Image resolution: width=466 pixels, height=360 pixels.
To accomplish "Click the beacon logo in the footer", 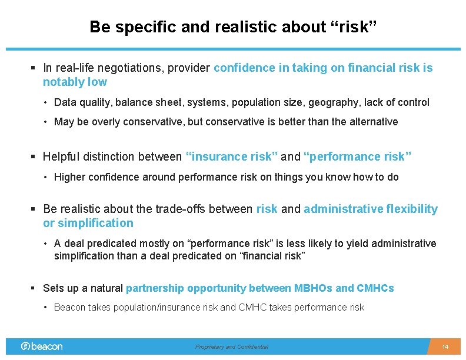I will (x=42, y=346).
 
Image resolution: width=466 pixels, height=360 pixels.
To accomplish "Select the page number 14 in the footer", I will (x=445, y=347).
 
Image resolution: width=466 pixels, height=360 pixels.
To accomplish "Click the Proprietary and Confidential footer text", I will (x=232, y=347).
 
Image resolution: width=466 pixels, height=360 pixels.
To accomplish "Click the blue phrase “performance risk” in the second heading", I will (x=357, y=156).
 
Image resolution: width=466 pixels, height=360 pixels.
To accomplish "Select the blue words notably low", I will (x=75, y=82).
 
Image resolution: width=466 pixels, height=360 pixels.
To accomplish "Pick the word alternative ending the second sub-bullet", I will (x=374, y=122).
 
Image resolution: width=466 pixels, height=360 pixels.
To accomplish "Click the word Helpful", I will (x=63, y=156).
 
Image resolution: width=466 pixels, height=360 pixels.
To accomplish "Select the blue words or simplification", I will (x=88, y=223).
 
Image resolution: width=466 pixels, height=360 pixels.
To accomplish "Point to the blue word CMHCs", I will (x=375, y=288).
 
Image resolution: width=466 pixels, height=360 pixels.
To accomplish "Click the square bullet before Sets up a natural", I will (x=34, y=288).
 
